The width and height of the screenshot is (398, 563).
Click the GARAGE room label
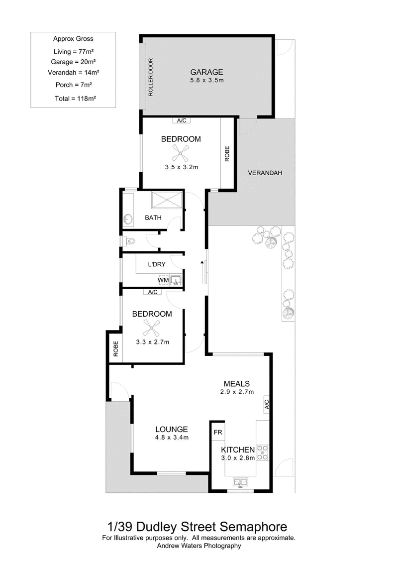pos(207,72)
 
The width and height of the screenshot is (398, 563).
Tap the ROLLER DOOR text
pos(151,77)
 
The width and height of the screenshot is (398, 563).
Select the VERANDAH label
pos(265,173)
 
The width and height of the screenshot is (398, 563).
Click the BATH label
pos(153,218)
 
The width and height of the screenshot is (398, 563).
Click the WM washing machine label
pos(163,280)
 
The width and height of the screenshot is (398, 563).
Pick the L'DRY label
pos(157,264)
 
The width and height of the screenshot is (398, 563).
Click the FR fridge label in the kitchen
pos(218,432)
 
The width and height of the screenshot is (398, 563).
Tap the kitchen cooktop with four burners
pos(263,452)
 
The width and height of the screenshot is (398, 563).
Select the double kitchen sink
pos(240,481)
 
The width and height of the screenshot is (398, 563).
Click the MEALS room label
pos(237,384)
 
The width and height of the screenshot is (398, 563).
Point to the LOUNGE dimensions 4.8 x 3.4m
pos(172,438)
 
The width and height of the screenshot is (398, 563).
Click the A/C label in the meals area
pos(267,405)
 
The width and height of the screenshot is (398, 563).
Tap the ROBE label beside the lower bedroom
pos(115,348)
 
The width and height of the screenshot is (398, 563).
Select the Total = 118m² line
pos(75,99)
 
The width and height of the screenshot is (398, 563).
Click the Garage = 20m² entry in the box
pos(73,62)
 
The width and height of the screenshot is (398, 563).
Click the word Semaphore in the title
pos(253,527)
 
